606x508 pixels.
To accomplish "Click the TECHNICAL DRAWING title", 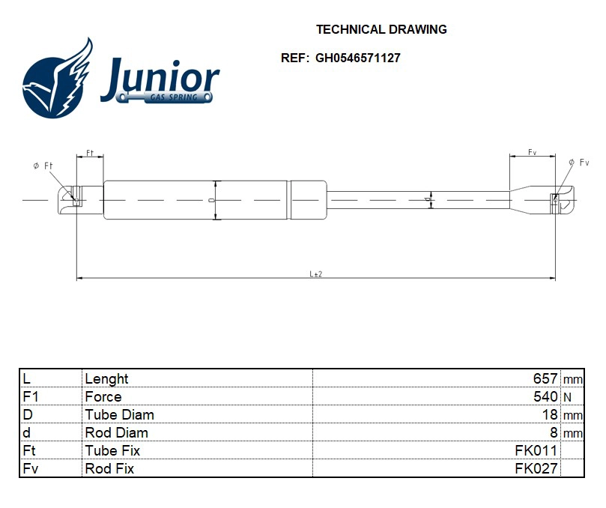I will pyautogui.click(x=381, y=30).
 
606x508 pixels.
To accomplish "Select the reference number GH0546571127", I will pyautogui.click(x=357, y=58).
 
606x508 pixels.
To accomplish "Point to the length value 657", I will pyautogui.click(x=545, y=379).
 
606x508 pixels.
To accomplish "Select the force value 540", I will pyautogui.click(x=545, y=397).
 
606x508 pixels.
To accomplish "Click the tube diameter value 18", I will pyautogui.click(x=550, y=415).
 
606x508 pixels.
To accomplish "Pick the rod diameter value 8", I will pyautogui.click(x=554, y=433).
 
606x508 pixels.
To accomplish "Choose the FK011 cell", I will pyautogui.click(x=536, y=451).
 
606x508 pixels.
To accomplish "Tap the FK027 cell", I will pyautogui.click(x=536, y=469).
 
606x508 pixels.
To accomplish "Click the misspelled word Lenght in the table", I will pyautogui.click(x=107, y=379).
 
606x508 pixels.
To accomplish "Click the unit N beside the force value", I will pyautogui.click(x=566, y=397).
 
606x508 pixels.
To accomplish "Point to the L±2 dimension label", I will pyautogui.click(x=316, y=274).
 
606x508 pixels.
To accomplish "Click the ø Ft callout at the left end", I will pyautogui.click(x=42, y=166).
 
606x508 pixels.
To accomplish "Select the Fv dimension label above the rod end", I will pyautogui.click(x=532, y=152).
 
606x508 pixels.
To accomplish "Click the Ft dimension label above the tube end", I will pyautogui.click(x=89, y=153).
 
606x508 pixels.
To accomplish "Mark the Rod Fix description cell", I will pyautogui.click(x=109, y=469).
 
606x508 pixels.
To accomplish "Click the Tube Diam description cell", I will pyautogui.click(x=120, y=415).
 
